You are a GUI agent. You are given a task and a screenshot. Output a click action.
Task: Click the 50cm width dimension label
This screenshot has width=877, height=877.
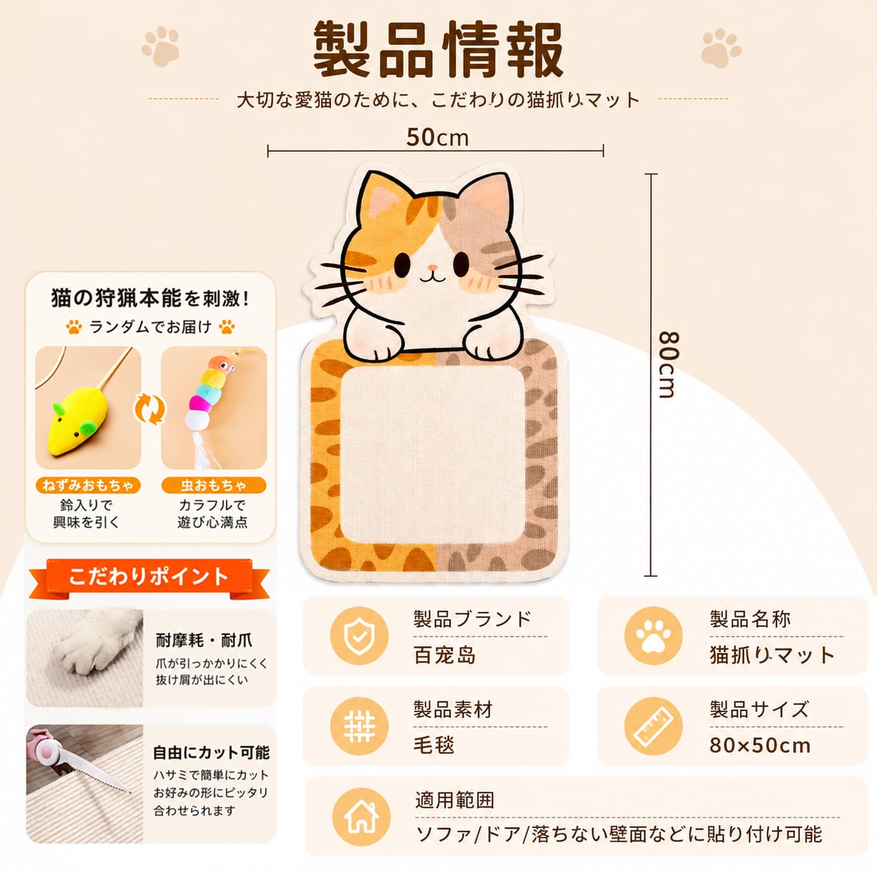437,138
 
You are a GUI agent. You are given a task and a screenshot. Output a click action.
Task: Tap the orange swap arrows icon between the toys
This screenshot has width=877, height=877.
150,409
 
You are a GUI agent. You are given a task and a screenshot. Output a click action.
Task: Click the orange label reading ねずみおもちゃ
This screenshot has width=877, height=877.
88,485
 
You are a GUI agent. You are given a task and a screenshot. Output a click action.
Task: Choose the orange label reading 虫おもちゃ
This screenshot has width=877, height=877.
213,485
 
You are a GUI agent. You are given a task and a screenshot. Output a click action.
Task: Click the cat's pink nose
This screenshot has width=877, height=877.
433,268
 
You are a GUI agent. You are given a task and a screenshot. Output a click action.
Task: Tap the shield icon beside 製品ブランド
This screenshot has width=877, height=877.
359,636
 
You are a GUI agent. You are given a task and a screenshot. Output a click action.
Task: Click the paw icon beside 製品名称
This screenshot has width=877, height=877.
653,636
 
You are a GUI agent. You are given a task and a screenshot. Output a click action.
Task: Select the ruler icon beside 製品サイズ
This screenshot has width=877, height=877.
653,727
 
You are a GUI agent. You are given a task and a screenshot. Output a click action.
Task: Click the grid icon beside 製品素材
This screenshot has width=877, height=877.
359,727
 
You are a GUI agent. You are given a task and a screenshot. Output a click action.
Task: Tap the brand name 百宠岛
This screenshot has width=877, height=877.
445,655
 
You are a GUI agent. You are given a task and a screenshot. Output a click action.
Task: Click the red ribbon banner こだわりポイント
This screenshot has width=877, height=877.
149,577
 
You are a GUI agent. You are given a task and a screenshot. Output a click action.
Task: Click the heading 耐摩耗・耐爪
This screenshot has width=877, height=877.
204,641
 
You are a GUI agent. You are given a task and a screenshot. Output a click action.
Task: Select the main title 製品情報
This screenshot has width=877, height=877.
438,50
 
